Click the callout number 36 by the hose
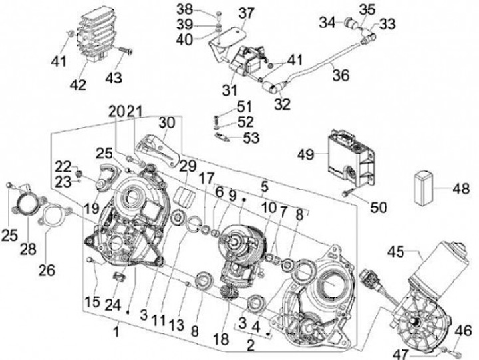pyautogui.click(x=341, y=76)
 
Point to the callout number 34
pyautogui.click(x=327, y=23)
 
